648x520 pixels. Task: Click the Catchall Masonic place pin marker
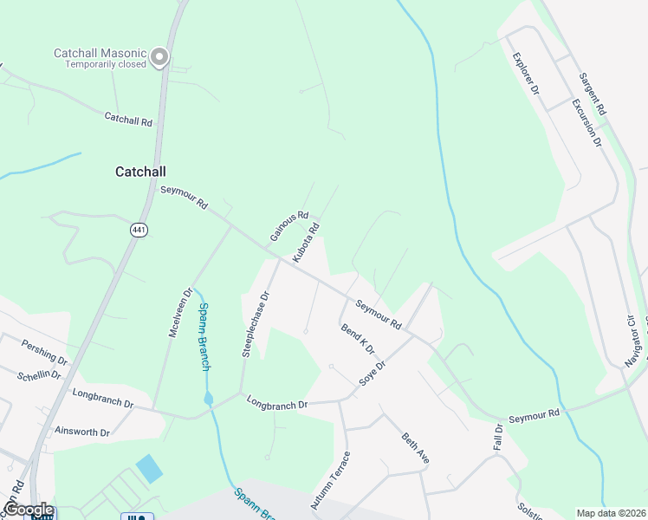(x=159, y=57)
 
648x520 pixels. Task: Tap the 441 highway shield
(x=139, y=230)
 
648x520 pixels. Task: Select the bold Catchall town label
(x=140, y=172)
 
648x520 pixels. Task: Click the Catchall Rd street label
(x=128, y=120)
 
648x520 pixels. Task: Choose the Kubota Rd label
(x=307, y=243)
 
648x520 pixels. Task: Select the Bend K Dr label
(x=358, y=341)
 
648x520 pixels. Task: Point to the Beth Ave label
(x=415, y=448)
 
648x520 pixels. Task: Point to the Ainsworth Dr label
(x=81, y=432)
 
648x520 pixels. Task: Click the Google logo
(x=28, y=510)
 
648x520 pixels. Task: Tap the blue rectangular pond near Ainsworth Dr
(x=148, y=469)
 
